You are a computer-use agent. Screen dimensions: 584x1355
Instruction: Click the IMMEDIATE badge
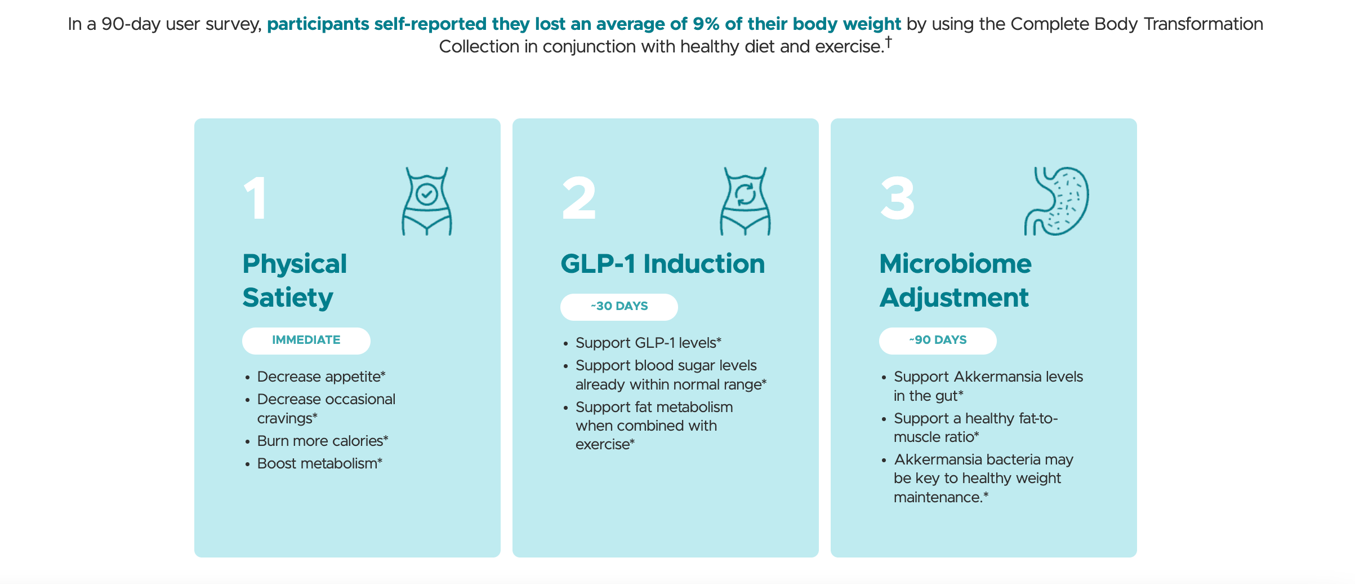306,340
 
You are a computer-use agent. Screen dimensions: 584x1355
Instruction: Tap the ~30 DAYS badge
619,307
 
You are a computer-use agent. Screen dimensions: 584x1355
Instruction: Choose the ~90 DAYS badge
938,340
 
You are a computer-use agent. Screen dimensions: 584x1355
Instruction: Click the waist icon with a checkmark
427,201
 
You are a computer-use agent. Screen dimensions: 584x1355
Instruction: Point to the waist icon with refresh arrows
745,201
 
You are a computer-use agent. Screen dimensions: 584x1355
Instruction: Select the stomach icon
1057,201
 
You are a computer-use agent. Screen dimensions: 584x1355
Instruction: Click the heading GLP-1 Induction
662,264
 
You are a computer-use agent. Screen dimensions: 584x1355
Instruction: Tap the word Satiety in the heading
288,298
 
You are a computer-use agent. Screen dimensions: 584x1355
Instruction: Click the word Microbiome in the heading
955,264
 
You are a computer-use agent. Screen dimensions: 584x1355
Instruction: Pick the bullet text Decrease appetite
320,377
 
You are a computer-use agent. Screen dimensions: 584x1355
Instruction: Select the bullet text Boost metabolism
319,463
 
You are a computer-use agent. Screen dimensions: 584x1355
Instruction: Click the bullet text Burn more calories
322,441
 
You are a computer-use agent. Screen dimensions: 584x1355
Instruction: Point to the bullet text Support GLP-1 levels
647,343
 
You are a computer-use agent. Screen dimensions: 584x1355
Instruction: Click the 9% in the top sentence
706,24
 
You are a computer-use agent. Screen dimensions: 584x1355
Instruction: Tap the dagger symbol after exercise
888,41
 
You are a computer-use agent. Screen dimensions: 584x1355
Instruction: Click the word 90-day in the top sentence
131,24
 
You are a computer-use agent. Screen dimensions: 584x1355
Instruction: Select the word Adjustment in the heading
954,298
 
